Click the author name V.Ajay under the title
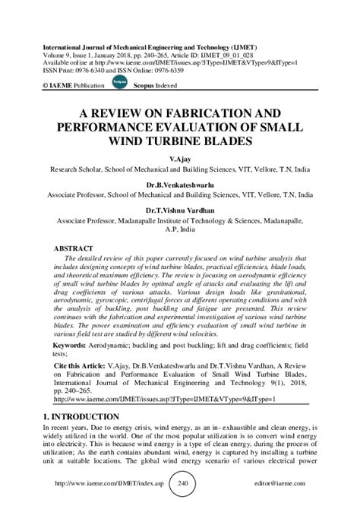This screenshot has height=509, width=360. [x=180, y=160]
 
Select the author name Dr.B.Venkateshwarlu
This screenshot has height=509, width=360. [x=180, y=183]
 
